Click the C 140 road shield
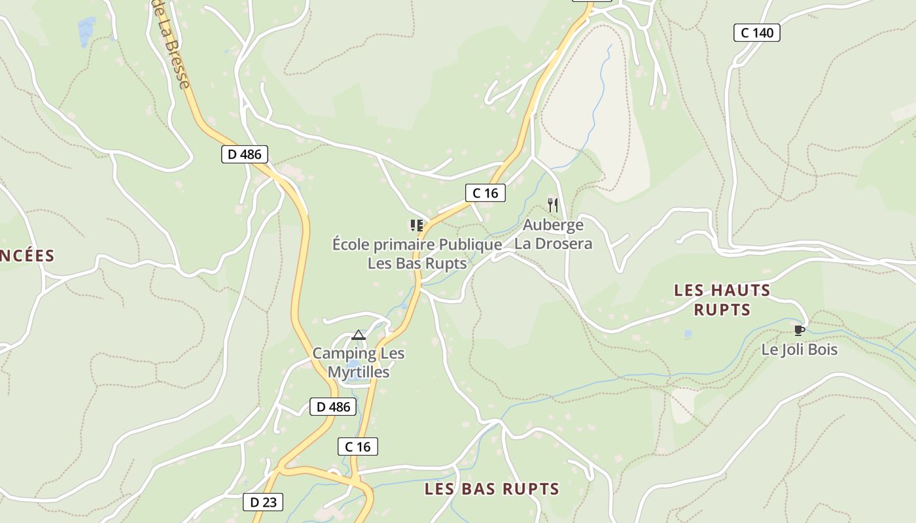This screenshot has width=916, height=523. pyautogui.click(x=757, y=33)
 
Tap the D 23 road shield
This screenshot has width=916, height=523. pyautogui.click(x=263, y=502)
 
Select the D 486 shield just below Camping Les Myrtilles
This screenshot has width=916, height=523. pyautogui.click(x=334, y=407)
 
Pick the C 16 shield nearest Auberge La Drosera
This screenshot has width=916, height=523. pyautogui.click(x=485, y=193)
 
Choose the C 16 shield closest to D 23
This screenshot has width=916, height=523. pyautogui.click(x=358, y=447)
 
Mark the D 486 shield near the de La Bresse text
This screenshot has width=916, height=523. pyautogui.click(x=245, y=154)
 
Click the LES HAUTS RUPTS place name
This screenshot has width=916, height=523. pyautogui.click(x=722, y=299)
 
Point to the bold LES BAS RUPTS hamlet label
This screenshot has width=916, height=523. pyautogui.click(x=492, y=489)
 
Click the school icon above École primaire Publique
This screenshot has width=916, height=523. pyautogui.click(x=416, y=226)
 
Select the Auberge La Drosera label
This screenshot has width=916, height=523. pyautogui.click(x=554, y=234)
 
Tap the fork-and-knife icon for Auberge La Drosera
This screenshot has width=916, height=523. pyautogui.click(x=553, y=205)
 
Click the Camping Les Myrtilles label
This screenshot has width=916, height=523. pyautogui.click(x=359, y=363)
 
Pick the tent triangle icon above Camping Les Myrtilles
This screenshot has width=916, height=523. pyautogui.click(x=358, y=335)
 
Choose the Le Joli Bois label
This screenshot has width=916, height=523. pyautogui.click(x=799, y=350)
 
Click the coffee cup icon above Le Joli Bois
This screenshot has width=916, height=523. pyautogui.click(x=799, y=330)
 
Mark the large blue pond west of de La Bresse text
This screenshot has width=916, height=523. pyautogui.click(x=86, y=31)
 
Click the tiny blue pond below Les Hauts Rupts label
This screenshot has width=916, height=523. pyautogui.click(x=688, y=334)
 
